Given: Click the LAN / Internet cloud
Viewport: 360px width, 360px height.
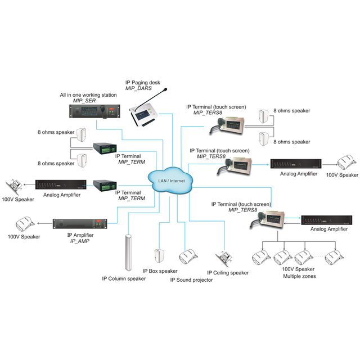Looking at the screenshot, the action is click(170, 181).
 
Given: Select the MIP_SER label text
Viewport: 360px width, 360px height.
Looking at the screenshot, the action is click(84, 101).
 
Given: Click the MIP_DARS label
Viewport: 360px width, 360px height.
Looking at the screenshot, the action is click(138, 88).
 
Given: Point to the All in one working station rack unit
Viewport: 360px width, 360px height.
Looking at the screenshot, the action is click(94, 111).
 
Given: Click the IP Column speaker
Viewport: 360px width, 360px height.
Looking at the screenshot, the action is click(128, 253).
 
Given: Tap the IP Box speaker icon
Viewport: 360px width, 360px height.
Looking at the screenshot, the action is click(159, 256).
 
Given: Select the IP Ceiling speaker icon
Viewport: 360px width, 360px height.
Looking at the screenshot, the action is click(223, 259).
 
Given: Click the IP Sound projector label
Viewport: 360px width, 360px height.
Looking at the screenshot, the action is click(191, 280).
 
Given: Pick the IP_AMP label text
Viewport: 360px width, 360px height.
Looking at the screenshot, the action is click(80, 241).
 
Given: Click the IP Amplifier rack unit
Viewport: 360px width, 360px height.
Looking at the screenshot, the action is click(80, 224).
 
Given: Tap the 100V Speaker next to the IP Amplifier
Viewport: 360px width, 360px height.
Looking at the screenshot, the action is click(25, 224).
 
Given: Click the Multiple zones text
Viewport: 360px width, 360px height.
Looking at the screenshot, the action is click(299, 276).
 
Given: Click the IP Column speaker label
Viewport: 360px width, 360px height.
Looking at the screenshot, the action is click(124, 279).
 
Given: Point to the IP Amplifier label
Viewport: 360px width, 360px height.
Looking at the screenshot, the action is click(80, 235).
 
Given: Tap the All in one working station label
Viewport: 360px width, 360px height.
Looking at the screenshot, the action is click(88, 95).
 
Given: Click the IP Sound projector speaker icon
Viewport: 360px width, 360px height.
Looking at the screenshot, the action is click(188, 257).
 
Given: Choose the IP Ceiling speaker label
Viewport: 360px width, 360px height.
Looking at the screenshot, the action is click(228, 273).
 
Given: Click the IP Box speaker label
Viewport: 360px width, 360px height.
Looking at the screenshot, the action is click(160, 271).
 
